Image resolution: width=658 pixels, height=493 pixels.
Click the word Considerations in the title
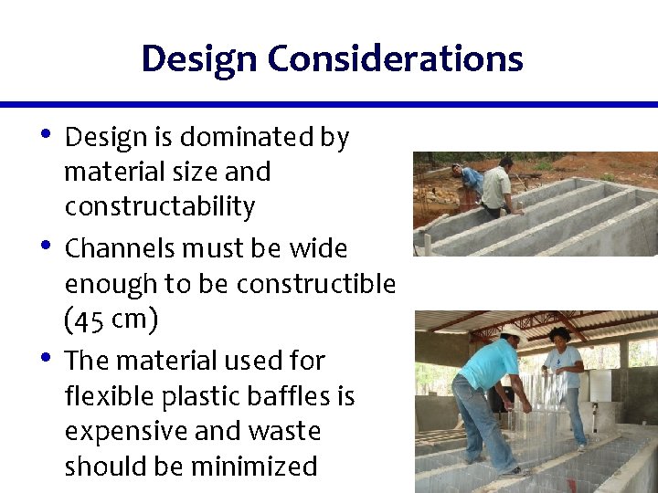click(395, 59)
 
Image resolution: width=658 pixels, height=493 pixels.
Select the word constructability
click(159, 207)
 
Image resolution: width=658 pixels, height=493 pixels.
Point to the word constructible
click(315, 285)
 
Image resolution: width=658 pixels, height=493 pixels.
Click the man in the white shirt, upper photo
click(498, 187)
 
